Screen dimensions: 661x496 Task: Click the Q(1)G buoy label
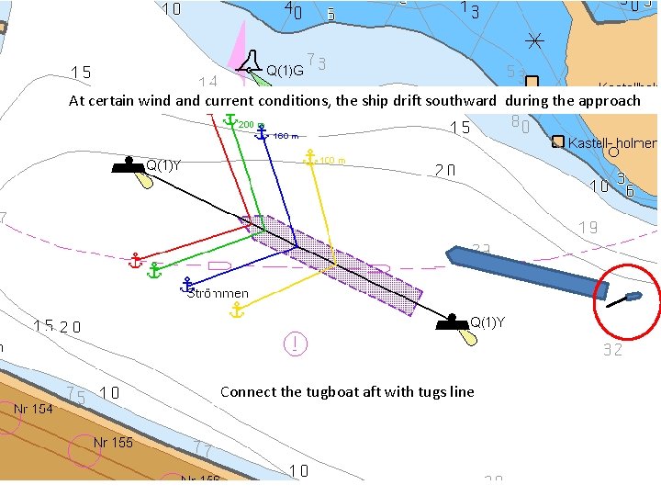[x=286, y=69]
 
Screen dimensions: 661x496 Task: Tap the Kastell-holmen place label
[x=612, y=143]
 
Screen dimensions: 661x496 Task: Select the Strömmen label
[x=218, y=293]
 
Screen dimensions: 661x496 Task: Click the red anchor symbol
[x=135, y=262]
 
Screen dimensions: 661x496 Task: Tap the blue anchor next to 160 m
[x=263, y=134]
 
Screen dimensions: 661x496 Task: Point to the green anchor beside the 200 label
[x=230, y=123]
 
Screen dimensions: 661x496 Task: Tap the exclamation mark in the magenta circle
[x=296, y=344]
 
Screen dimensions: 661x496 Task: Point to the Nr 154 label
[x=33, y=409]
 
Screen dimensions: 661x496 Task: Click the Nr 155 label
[x=113, y=443]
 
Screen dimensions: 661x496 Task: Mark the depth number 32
[x=613, y=350]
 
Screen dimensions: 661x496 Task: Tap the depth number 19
[x=588, y=228]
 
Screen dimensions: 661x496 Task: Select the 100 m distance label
[x=331, y=162]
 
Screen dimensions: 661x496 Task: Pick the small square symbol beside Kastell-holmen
[x=557, y=141]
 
